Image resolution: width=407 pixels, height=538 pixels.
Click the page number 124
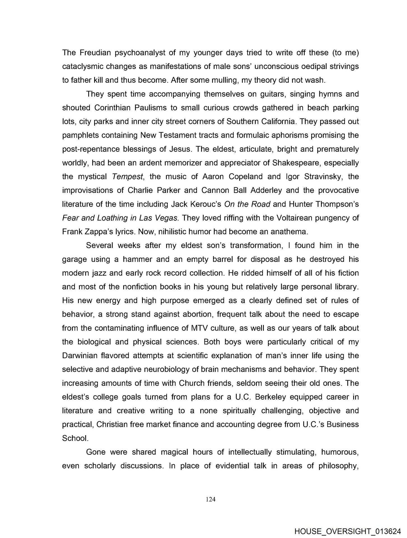click(x=210, y=499)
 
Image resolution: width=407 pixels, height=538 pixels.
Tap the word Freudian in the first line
click(x=94, y=53)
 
